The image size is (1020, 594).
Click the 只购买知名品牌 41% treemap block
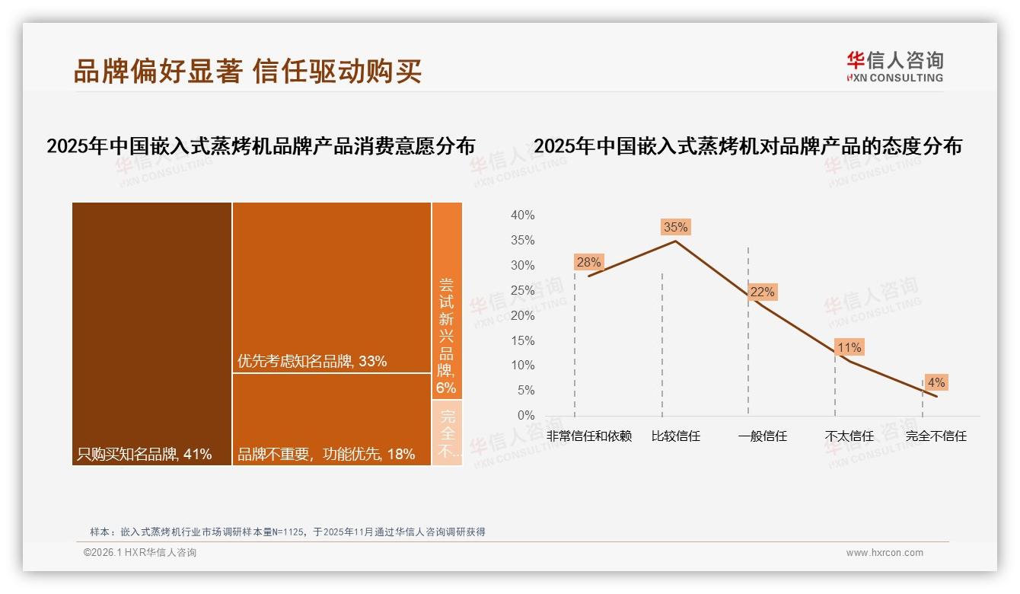pyautogui.click(x=151, y=334)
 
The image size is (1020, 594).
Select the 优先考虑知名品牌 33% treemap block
pyautogui.click(x=332, y=287)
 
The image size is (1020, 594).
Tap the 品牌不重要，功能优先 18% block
pyautogui.click(x=332, y=419)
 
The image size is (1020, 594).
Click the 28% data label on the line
pyautogui.click(x=588, y=263)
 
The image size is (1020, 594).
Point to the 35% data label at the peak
pyautogui.click(x=675, y=227)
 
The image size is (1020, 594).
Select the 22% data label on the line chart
pyautogui.click(x=762, y=292)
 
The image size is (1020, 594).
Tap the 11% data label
pyautogui.click(x=849, y=348)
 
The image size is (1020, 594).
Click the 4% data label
pyautogui.click(x=936, y=382)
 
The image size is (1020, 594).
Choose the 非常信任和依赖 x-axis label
pyautogui.click(x=589, y=436)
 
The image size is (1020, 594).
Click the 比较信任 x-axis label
pyautogui.click(x=676, y=436)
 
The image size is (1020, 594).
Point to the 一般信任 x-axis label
pyautogui.click(x=763, y=436)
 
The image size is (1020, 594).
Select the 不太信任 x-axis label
pyautogui.click(x=849, y=436)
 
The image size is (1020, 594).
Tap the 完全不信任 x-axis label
pyautogui.click(x=936, y=436)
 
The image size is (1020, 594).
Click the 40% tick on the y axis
pyautogui.click(x=522, y=216)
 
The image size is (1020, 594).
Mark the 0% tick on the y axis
pyautogui.click(x=526, y=416)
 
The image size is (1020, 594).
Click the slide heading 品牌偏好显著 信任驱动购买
pyautogui.click(x=247, y=71)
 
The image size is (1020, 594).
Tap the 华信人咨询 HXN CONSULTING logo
pyautogui.click(x=894, y=66)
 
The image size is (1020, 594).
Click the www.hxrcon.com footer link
pyautogui.click(x=885, y=553)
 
